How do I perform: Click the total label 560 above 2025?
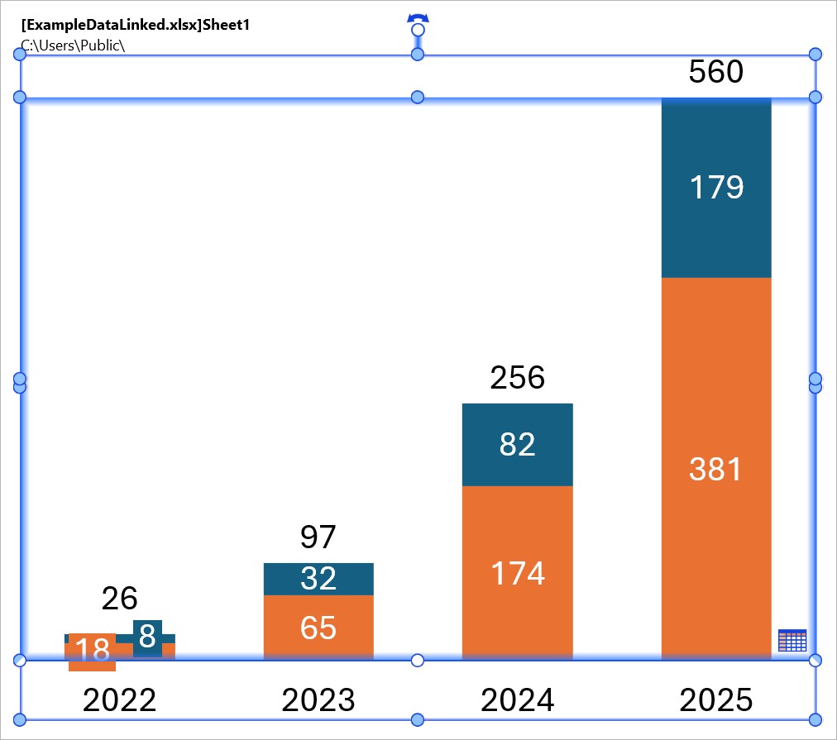pos(716,73)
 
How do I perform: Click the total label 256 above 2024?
pos(517,378)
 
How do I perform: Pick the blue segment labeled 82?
pos(517,445)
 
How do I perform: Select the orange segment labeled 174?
pos(517,573)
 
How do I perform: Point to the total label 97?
pos(318,537)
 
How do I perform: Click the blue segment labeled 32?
pos(318,579)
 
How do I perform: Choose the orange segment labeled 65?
pos(318,628)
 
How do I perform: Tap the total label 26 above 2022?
pos(119,598)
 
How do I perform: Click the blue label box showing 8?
pos(147,637)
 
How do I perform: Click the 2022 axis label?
pos(119,701)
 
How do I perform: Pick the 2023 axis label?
pos(318,701)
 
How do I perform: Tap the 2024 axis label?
pos(517,701)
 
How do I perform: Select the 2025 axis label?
pos(716,701)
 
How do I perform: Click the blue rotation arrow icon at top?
pos(418,18)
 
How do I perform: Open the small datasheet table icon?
pos(792,640)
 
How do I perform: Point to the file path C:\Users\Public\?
pos(73,45)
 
